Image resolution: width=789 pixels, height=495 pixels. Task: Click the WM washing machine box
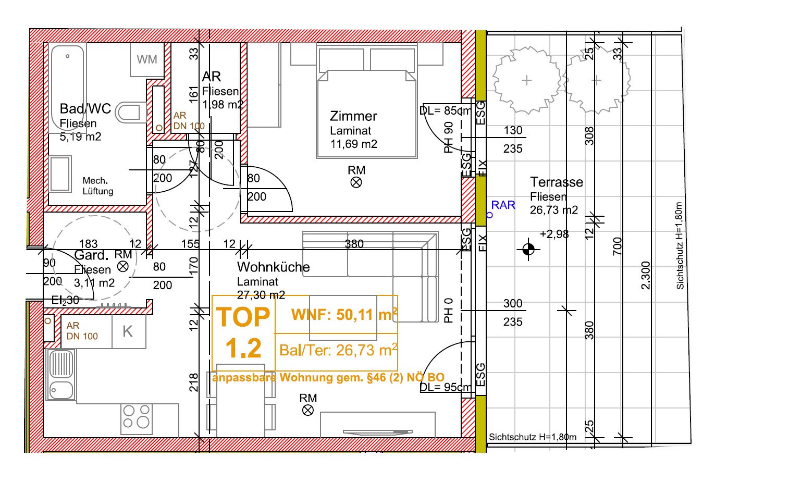[x=147, y=59]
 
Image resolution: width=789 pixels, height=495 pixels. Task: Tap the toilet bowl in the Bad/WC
[x=130, y=113]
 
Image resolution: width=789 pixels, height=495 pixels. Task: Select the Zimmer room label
[x=353, y=116]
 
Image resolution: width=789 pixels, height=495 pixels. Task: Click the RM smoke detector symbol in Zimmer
[x=356, y=182]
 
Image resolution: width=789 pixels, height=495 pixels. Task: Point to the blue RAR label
[x=503, y=205]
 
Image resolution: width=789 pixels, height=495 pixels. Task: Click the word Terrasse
[x=557, y=182]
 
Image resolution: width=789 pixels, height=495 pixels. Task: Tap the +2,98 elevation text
[x=554, y=234]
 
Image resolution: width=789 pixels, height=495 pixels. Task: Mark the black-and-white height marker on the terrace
[x=528, y=249]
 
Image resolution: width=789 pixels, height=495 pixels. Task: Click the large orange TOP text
[x=243, y=317]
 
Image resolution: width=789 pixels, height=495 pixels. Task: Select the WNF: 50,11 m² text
[x=344, y=314]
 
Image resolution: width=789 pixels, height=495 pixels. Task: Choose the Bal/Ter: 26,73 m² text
[x=338, y=350]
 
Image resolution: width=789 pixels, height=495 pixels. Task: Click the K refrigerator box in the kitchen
[x=129, y=331]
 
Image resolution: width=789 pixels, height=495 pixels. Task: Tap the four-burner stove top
[x=137, y=419]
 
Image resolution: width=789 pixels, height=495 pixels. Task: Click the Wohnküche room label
[x=273, y=267]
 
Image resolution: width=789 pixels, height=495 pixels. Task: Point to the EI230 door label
[x=65, y=300]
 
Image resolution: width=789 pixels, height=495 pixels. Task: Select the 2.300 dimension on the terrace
[x=645, y=275]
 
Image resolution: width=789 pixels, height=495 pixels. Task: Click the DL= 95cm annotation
[x=446, y=387]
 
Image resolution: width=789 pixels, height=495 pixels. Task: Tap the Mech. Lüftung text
[x=98, y=186]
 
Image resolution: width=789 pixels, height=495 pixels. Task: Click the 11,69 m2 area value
[x=354, y=144]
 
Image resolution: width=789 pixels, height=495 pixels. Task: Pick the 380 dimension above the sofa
[x=354, y=244]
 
